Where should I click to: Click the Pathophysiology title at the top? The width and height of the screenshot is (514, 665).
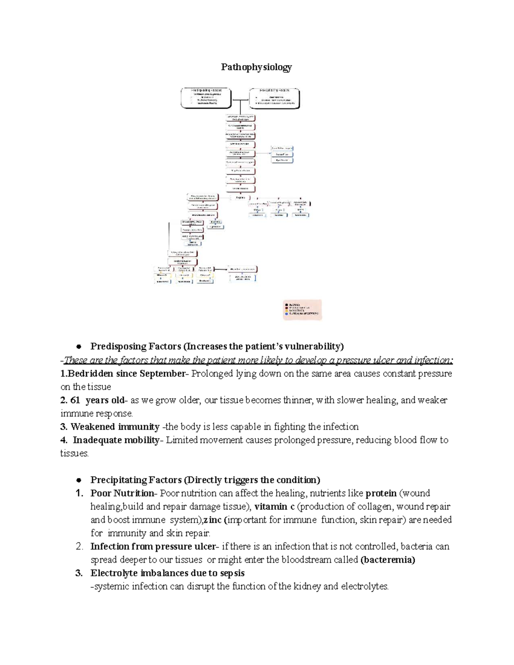point(256,67)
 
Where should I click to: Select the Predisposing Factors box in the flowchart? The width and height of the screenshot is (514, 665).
point(206,98)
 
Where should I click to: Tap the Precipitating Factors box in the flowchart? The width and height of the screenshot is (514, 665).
point(275,98)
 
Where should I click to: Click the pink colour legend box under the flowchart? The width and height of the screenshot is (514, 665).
point(302,310)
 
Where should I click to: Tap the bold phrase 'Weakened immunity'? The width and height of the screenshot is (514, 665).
point(115,427)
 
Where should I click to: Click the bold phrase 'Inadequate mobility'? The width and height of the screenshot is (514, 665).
point(116,440)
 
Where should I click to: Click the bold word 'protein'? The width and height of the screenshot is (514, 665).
point(381,493)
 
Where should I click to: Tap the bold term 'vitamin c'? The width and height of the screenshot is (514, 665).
point(274,507)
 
